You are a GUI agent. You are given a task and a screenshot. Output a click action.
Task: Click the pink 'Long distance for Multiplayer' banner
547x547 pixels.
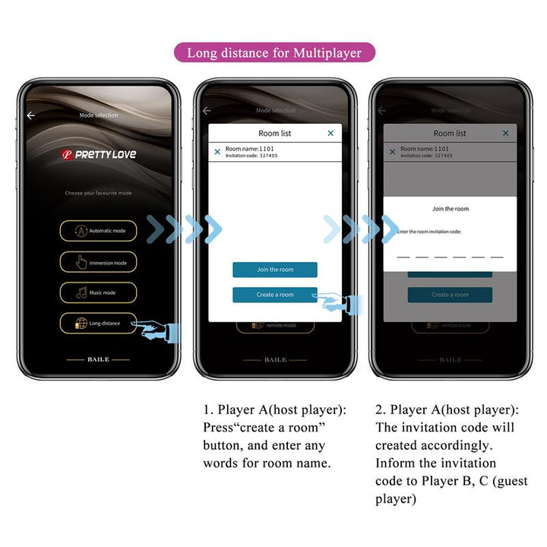274,52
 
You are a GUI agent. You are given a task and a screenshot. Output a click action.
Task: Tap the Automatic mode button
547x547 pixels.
98,230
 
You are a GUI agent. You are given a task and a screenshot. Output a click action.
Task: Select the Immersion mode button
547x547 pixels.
98,262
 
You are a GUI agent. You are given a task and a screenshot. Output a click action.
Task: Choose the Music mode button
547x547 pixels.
98,292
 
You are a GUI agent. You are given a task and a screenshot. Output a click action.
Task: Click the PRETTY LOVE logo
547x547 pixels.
99,154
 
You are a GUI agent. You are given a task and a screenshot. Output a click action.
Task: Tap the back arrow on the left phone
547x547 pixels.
31,115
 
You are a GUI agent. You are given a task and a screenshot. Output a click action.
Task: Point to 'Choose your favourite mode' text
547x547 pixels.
98,193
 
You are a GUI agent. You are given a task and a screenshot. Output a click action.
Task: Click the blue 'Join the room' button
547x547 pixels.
274,270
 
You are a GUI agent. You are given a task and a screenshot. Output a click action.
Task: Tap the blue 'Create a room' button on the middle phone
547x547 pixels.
274,295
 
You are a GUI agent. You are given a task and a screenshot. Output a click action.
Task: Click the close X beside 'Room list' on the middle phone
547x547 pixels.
330,133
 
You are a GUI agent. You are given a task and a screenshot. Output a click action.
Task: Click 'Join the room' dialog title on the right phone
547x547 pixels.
451,209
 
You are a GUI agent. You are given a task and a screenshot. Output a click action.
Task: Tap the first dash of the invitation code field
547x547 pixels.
403,257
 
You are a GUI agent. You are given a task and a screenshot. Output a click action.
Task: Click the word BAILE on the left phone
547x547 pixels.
98,359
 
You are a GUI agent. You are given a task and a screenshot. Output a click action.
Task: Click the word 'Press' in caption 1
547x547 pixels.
219,428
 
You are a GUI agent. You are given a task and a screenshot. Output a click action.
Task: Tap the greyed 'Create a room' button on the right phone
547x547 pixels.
450,295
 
